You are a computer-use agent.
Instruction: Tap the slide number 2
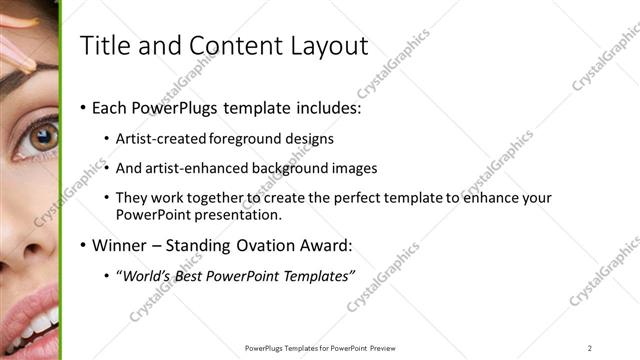(x=590, y=348)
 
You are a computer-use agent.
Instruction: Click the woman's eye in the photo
(x=43, y=138)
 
